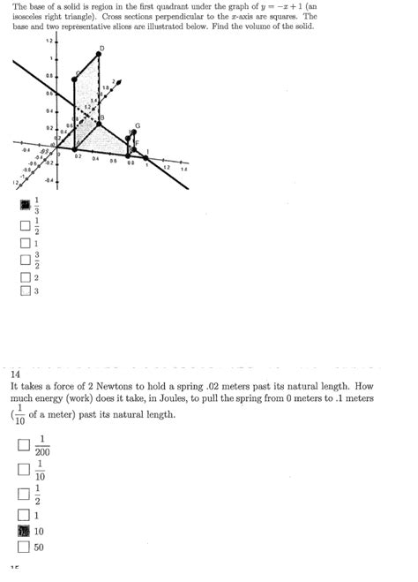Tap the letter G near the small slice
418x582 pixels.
click(137, 125)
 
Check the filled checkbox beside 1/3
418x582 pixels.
click(25, 206)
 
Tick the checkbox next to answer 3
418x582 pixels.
click(25, 291)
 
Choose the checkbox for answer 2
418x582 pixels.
click(25, 276)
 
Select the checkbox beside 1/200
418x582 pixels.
click(25, 447)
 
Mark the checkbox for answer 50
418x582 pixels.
click(25, 547)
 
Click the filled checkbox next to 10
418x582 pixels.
click(25, 532)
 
